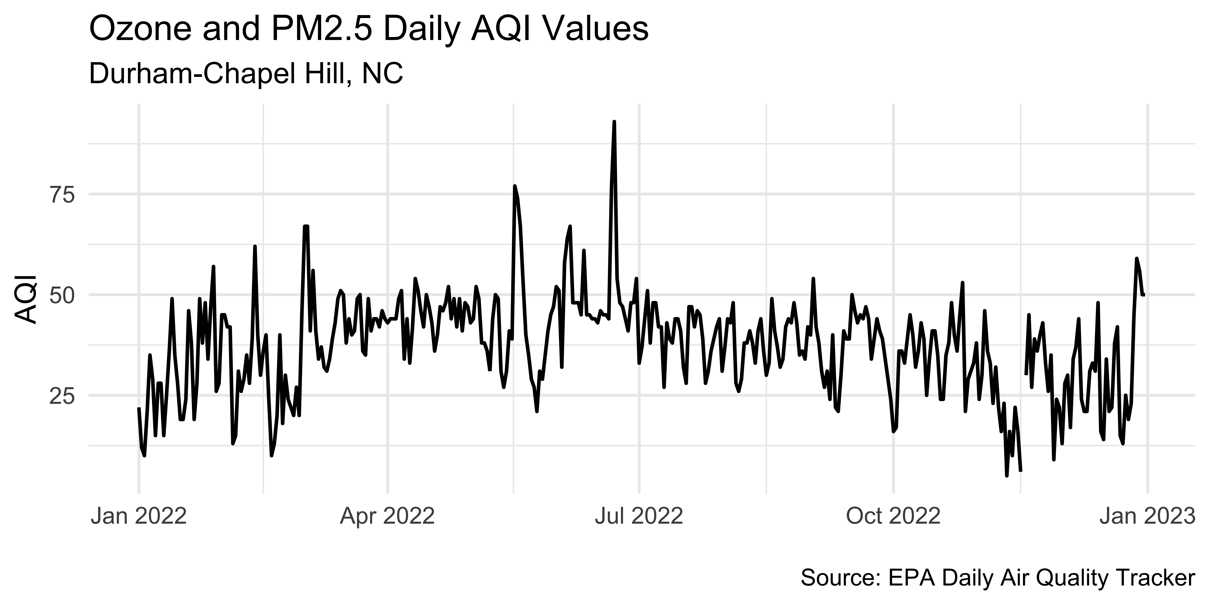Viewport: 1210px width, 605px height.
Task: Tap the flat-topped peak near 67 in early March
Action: pos(306,226)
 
